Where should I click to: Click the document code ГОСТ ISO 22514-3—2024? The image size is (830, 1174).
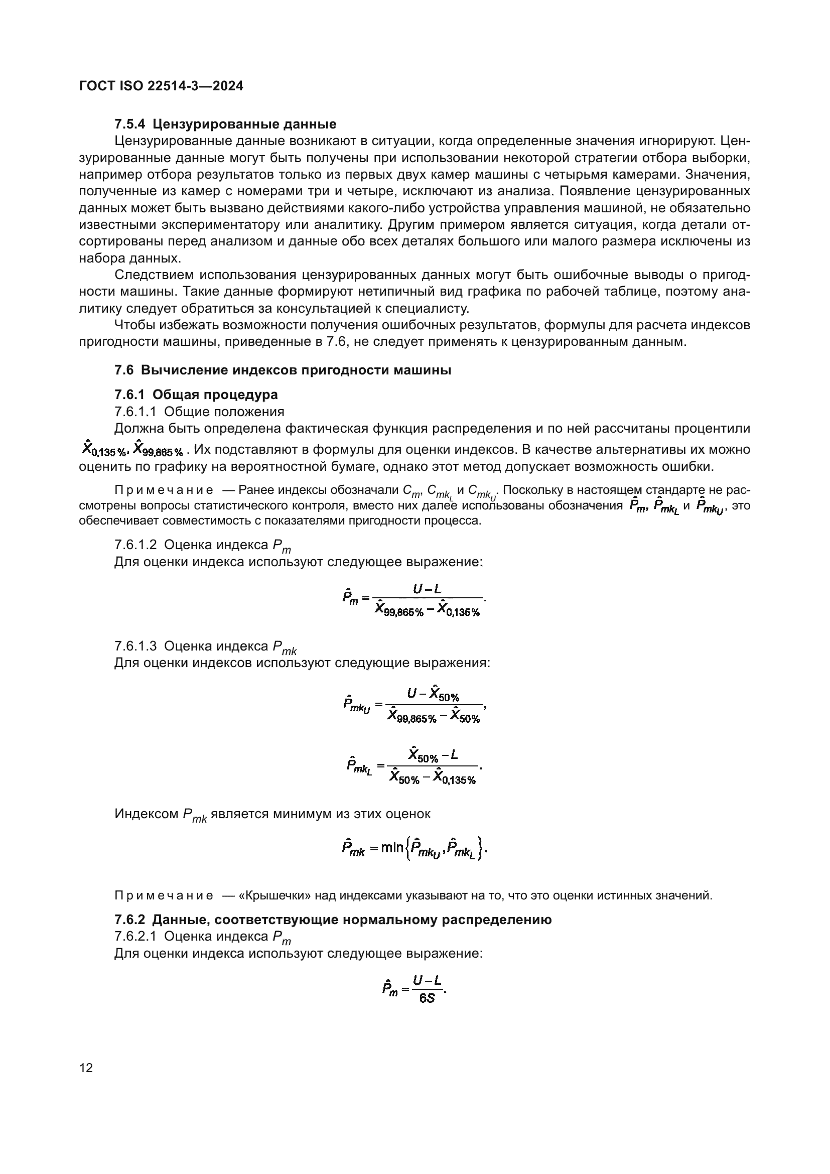click(x=161, y=86)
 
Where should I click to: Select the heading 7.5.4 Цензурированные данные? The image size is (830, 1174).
click(x=225, y=124)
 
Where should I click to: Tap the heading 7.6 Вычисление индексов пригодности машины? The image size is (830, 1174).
click(x=283, y=370)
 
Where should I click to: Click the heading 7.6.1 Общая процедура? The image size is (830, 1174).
click(x=196, y=395)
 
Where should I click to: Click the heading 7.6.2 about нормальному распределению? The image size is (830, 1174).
click(x=333, y=920)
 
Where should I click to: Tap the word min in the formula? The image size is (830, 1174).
click(x=392, y=848)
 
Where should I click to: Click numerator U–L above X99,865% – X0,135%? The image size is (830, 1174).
click(x=427, y=589)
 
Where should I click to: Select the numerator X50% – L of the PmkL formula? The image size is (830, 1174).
click(x=433, y=755)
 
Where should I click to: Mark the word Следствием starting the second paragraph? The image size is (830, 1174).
click(x=154, y=275)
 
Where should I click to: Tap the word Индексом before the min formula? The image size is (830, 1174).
click(x=147, y=814)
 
